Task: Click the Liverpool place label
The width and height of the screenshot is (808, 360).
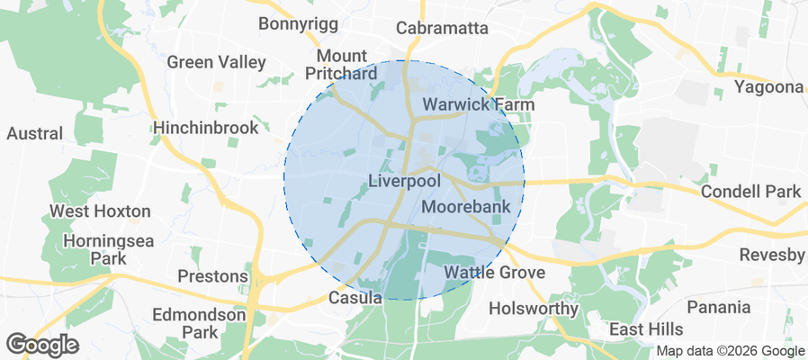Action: coord(405,182)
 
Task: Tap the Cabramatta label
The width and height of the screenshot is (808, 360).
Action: coord(442,28)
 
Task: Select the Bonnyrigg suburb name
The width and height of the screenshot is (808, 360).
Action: coord(295,23)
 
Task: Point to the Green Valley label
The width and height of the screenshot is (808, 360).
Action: coord(217,62)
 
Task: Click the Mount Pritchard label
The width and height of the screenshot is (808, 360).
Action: coord(340,64)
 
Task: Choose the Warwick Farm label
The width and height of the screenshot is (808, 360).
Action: coord(479,105)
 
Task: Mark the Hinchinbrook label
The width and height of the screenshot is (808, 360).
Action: coord(206,128)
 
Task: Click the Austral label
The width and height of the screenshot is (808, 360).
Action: coord(35,134)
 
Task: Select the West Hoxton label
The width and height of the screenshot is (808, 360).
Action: coord(100,211)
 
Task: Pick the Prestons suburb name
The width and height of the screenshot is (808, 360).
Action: coord(212,275)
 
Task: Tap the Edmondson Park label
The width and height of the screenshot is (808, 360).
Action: coord(199,324)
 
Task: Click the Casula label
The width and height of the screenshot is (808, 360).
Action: coord(356,298)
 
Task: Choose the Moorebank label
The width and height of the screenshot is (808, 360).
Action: coord(466,207)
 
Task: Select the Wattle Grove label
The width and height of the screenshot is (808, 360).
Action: coord(495,272)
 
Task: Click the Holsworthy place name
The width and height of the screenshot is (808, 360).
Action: coord(534,309)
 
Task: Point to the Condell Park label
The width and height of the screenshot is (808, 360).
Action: coord(750,192)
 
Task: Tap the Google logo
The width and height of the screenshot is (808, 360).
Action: coord(42,344)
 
